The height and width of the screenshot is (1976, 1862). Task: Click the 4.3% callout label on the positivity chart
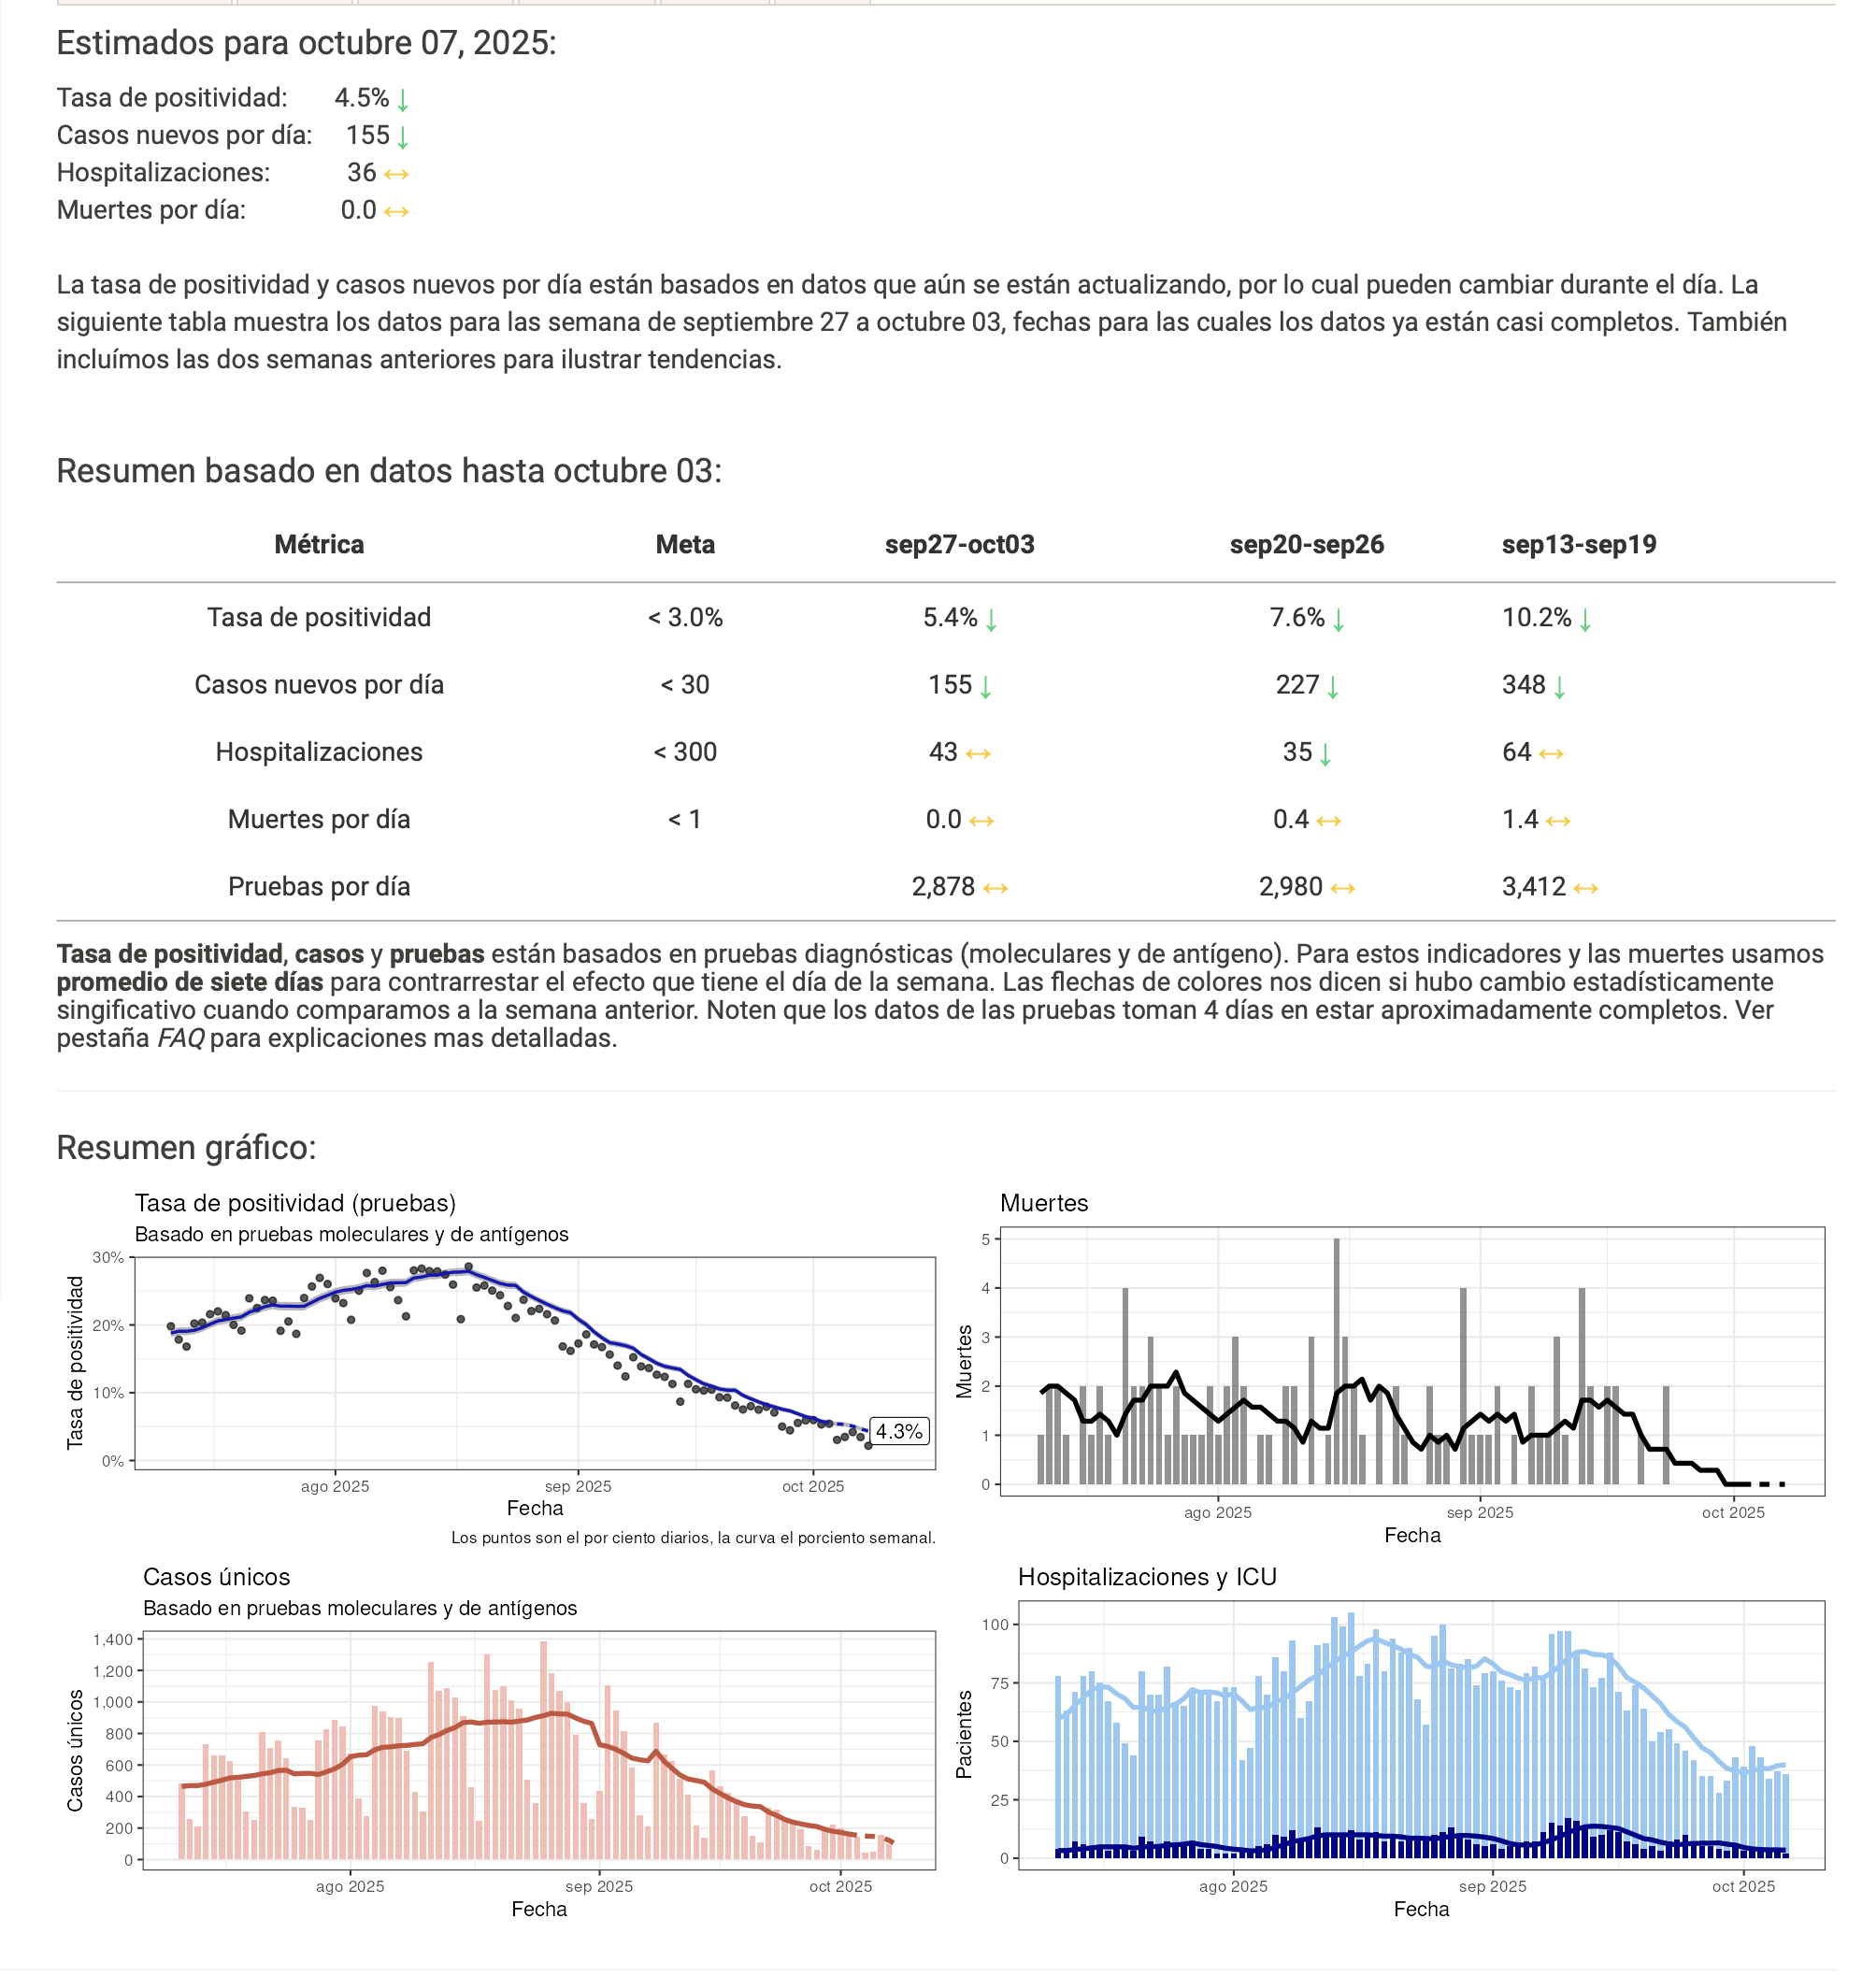click(x=897, y=1431)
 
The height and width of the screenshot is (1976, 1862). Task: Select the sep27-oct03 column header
click(x=958, y=545)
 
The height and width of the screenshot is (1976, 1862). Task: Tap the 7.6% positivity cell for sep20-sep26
click(x=1296, y=617)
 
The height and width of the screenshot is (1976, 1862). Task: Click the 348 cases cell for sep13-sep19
click(x=1523, y=685)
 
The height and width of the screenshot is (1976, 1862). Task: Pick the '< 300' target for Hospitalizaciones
click(x=684, y=752)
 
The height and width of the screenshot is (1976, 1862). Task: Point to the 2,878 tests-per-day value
click(x=942, y=887)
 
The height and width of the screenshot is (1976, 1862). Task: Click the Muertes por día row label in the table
click(x=318, y=819)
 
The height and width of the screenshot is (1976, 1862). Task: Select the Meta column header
click(x=684, y=545)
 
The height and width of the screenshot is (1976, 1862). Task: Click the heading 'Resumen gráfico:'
click(x=186, y=1147)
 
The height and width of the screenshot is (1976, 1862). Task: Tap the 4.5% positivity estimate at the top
click(x=361, y=97)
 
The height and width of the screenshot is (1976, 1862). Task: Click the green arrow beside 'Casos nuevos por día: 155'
click(x=403, y=136)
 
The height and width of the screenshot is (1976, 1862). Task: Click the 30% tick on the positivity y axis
click(x=108, y=1257)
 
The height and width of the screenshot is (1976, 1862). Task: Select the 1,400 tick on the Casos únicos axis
click(x=112, y=1640)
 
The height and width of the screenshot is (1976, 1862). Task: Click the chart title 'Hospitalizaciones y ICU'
click(x=1146, y=1578)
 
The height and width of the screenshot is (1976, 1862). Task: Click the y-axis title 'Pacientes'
click(x=964, y=1735)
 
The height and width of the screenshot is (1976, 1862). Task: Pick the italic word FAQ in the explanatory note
click(x=181, y=1038)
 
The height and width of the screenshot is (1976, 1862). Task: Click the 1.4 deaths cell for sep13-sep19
click(x=1519, y=819)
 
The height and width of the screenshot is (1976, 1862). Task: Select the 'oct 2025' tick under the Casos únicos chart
click(x=840, y=1886)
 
